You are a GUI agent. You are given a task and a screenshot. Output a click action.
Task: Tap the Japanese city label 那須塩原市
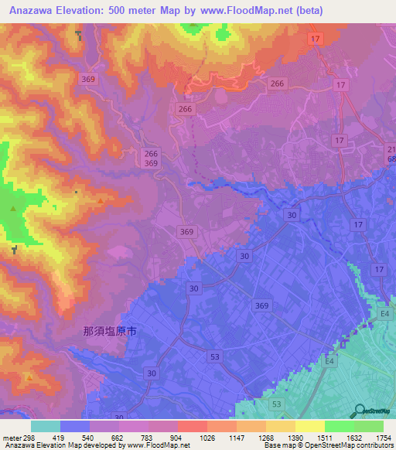tap(110, 331)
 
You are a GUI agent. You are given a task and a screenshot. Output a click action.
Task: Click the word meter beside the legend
tap(12, 437)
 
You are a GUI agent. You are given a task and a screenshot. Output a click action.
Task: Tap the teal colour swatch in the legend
tap(46, 426)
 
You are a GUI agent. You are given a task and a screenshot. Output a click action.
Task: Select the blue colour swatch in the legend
tap(75, 426)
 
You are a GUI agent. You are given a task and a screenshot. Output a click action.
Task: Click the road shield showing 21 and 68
tap(391, 154)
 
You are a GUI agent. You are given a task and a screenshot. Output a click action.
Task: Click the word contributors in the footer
tap(376, 445)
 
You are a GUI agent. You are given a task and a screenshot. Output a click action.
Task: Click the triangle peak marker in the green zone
tap(13, 209)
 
